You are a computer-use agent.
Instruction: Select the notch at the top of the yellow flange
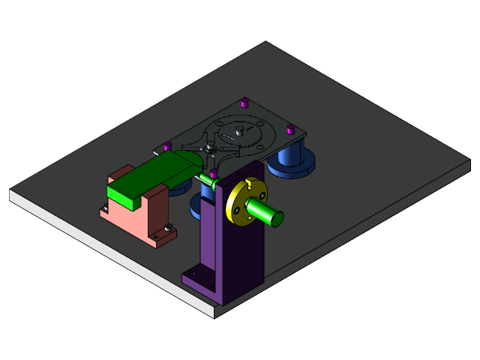click(249, 182)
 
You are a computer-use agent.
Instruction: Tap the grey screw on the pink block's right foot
click(168, 227)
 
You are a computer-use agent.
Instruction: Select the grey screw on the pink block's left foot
click(104, 205)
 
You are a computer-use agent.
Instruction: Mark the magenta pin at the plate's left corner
click(167, 145)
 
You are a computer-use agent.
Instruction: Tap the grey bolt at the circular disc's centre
click(238, 131)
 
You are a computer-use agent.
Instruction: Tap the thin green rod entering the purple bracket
click(207, 180)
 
